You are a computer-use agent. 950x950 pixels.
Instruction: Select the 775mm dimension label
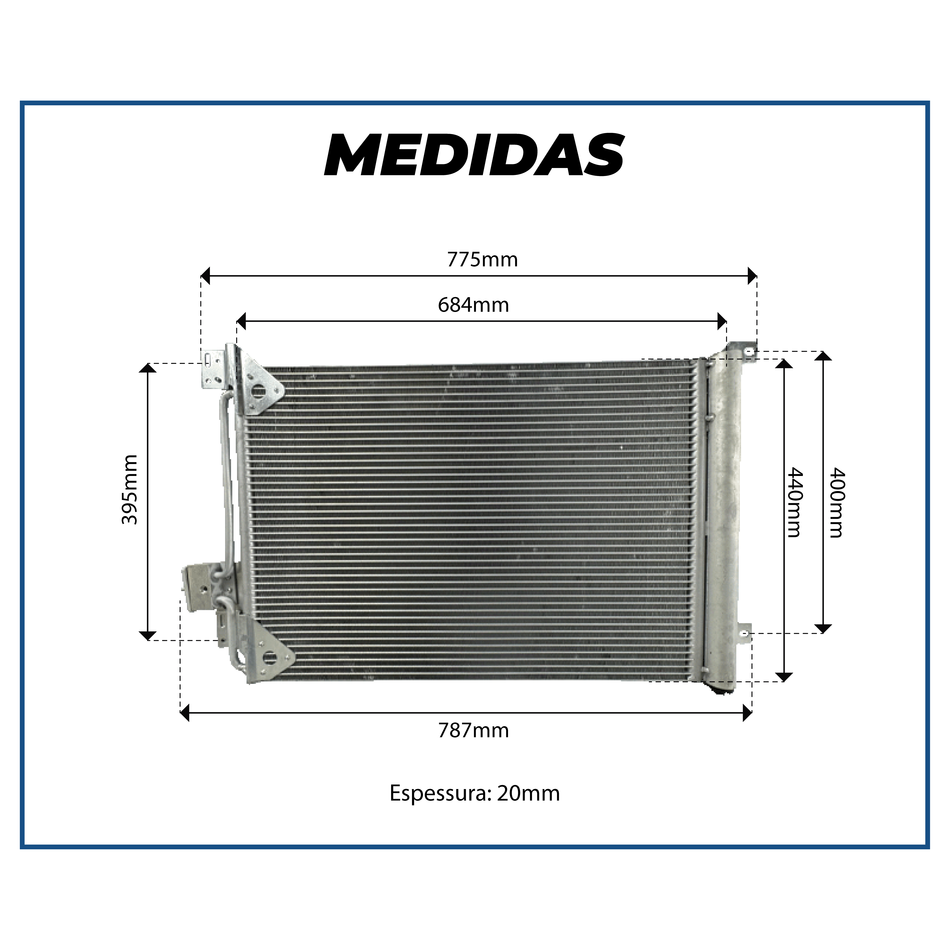(482, 260)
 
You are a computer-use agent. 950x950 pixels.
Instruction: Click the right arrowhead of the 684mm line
(722, 321)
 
